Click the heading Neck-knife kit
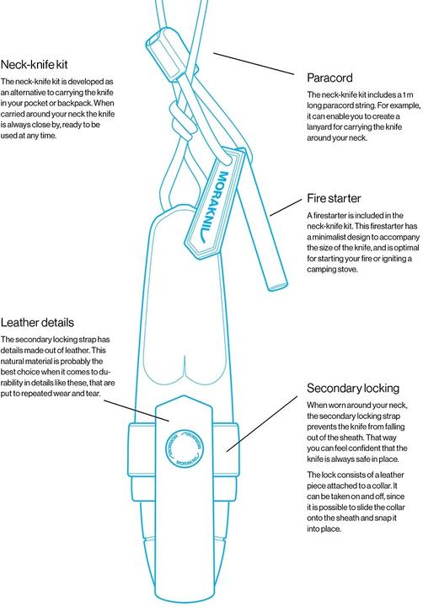pyautogui.click(x=34, y=64)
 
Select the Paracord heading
pyautogui.click(x=329, y=78)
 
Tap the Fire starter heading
pyautogui.click(x=334, y=198)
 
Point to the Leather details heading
pyautogui.click(x=37, y=322)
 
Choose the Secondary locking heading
pyautogui.click(x=353, y=389)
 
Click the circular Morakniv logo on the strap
pyautogui.click(x=185, y=448)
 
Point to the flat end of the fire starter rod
pyautogui.click(x=278, y=287)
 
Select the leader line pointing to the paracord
pyautogui.click(x=254, y=63)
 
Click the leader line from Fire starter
pyautogui.click(x=286, y=208)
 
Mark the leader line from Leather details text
pyautogui.click(x=137, y=411)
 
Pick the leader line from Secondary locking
pyautogui.click(x=262, y=423)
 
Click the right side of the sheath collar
pyautogui.click(x=225, y=449)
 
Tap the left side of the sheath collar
pyautogui.click(x=142, y=449)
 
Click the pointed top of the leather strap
pyautogui.click(x=184, y=396)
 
